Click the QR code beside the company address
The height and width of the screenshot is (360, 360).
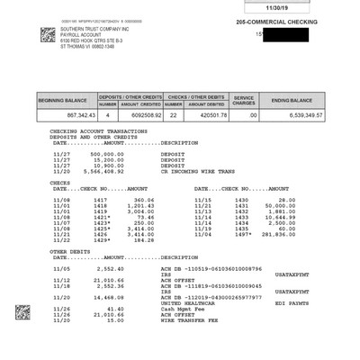pyautogui.click(x=49, y=36)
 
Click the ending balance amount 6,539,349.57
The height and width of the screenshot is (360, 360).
pyautogui.click(x=293, y=116)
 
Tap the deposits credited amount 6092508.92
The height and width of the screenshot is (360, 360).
pyautogui.click(x=142, y=116)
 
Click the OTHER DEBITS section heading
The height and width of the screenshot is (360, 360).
pyautogui.click(x=71, y=252)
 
